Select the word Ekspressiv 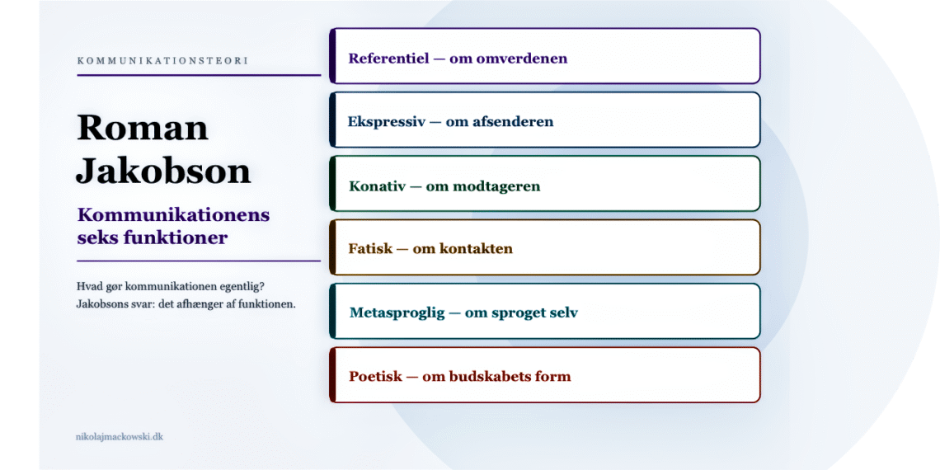(386, 122)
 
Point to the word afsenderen (513, 122)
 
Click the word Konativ (376, 186)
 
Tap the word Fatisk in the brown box (369, 249)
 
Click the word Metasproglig (397, 313)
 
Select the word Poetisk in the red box (375, 377)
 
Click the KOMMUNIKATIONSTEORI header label (162, 61)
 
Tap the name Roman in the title (143, 128)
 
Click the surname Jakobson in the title (163, 171)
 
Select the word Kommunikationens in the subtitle (173, 215)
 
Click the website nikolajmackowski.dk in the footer (119, 436)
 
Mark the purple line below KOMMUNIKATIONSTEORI (198, 75)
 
